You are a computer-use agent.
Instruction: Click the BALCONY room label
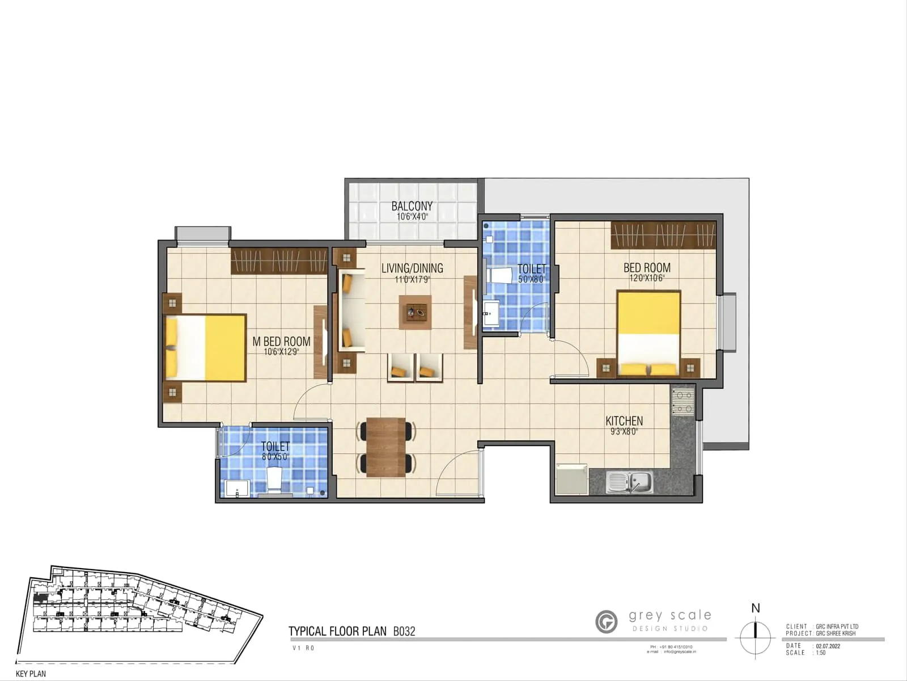pos(412,206)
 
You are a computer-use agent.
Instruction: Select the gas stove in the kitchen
pos(683,401)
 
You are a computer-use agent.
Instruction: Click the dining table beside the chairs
pos(385,447)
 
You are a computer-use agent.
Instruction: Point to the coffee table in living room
pos(415,312)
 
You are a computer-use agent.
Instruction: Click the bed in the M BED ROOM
pos(206,348)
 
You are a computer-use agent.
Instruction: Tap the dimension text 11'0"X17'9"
pos(412,279)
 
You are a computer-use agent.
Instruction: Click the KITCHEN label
pos(624,421)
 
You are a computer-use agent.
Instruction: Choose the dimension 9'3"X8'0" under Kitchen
pos(624,431)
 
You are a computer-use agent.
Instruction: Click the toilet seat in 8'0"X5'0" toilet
pos(274,479)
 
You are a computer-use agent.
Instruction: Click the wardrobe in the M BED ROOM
pos(279,262)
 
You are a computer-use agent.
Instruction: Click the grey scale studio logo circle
pos(607,621)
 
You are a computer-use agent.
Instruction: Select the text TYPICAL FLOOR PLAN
pos(337,631)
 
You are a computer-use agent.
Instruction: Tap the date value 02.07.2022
pos(828,646)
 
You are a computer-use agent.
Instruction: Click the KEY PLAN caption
pos(31,674)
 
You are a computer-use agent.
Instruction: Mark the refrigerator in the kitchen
pos(572,480)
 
